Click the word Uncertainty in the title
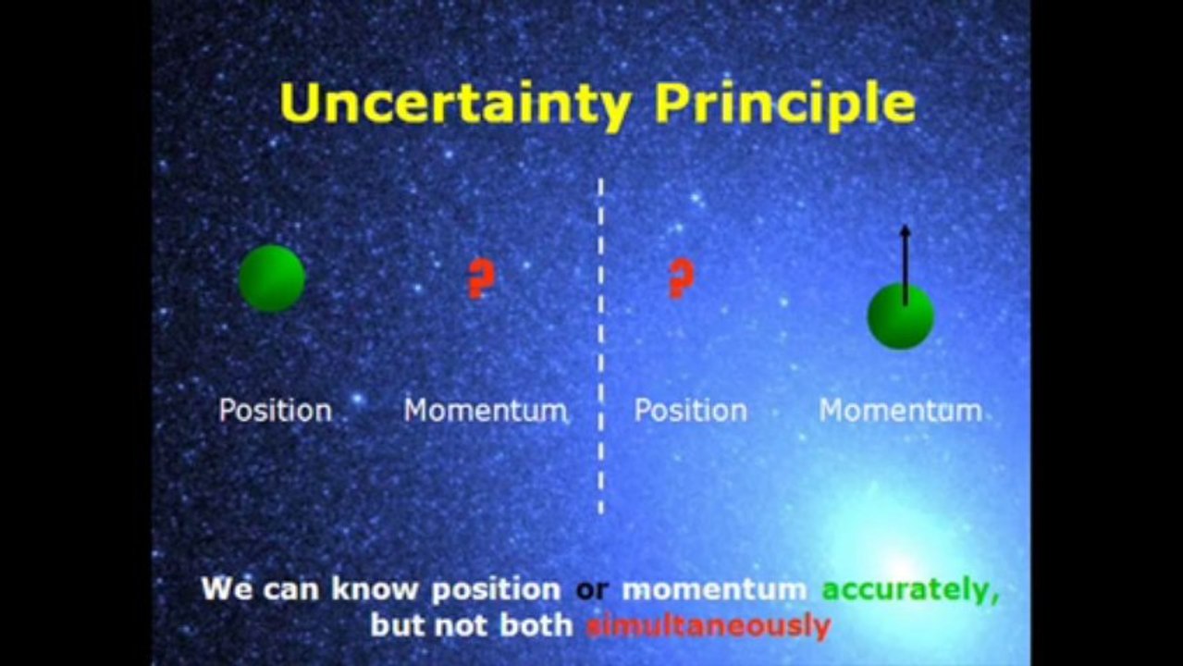click(455, 104)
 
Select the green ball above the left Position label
click(272, 278)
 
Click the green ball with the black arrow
click(901, 315)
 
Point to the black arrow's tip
click(906, 226)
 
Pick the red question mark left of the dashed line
click(481, 278)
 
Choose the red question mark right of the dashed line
click(682, 278)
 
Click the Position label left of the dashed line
click(275, 411)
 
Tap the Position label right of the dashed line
click(690, 411)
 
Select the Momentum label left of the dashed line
click(486, 411)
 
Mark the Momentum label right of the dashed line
click(901, 411)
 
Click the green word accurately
click(910, 590)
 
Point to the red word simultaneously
click(709, 626)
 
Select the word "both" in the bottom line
click(536, 626)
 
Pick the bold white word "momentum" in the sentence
click(715, 590)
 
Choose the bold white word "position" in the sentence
click(496, 590)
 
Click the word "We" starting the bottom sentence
click(228, 589)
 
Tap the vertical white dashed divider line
click(601, 347)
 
